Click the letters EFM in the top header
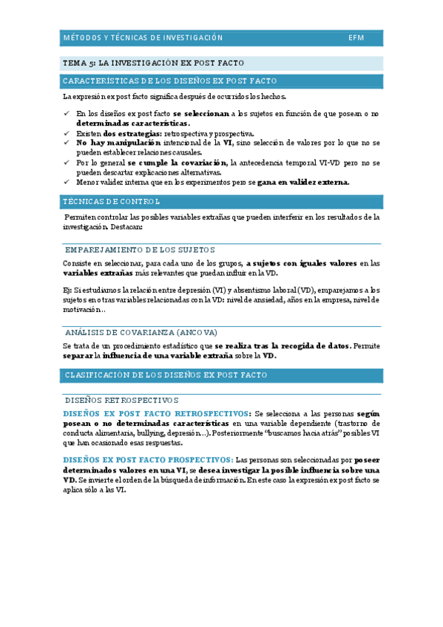click(356, 37)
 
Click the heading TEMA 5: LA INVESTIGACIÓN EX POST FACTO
click(153, 64)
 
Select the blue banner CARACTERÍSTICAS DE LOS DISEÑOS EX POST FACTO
click(170, 81)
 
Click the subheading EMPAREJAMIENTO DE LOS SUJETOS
click(141, 250)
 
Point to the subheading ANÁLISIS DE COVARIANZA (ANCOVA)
click(141, 333)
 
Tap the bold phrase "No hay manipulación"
click(118, 143)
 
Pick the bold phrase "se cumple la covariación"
click(177, 162)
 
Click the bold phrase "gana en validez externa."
click(303, 182)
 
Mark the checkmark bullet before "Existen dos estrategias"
click(67, 133)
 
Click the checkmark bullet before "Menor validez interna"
click(67, 182)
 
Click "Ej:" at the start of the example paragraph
click(67, 290)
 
